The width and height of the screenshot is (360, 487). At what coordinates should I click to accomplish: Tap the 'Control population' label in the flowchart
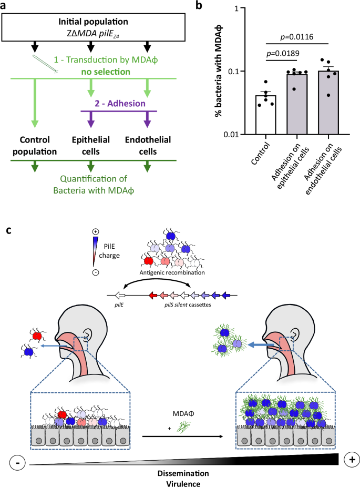click(35, 146)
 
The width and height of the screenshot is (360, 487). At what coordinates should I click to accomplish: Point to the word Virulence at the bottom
click(180, 481)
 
